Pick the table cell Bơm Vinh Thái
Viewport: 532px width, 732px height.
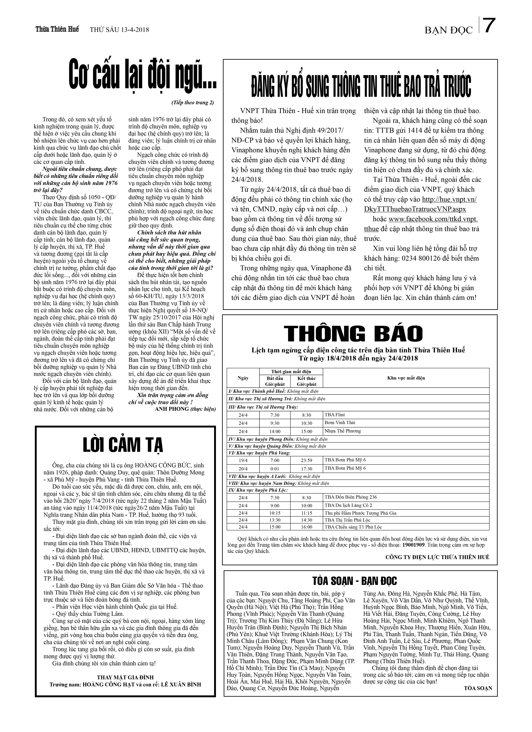pos(340,422)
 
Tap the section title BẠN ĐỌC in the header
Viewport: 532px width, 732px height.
pos(448,30)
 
